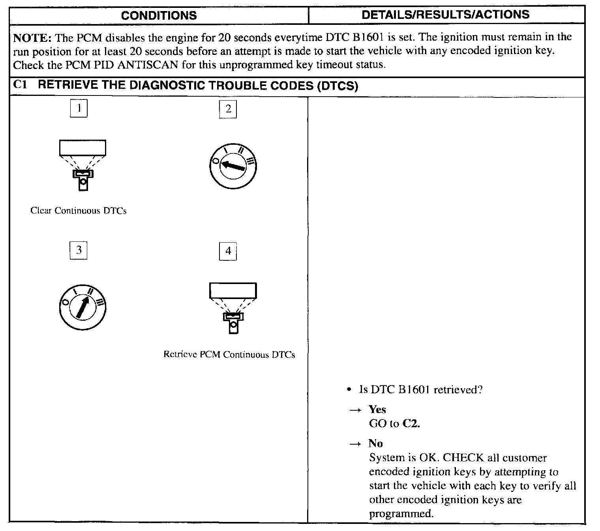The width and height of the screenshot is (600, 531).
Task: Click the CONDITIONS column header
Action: click(x=159, y=15)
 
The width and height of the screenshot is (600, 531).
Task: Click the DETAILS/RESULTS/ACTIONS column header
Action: click(x=446, y=15)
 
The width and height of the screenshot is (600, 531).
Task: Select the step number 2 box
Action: click(x=228, y=109)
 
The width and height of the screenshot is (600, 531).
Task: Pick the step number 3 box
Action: click(x=79, y=251)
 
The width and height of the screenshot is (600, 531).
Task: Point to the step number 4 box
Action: click(x=228, y=251)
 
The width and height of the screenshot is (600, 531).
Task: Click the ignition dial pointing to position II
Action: click(x=83, y=307)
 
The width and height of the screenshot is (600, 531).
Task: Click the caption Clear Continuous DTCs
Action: click(x=79, y=211)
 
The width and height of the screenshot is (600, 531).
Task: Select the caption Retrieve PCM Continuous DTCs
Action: click(x=229, y=354)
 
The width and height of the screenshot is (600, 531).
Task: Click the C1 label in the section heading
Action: click(x=20, y=86)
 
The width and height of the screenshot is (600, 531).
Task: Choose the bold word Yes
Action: click(x=377, y=409)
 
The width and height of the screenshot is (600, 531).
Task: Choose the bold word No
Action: click(x=375, y=443)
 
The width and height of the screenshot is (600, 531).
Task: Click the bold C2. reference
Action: click(x=411, y=424)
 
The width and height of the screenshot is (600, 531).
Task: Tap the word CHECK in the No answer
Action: click(x=463, y=458)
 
